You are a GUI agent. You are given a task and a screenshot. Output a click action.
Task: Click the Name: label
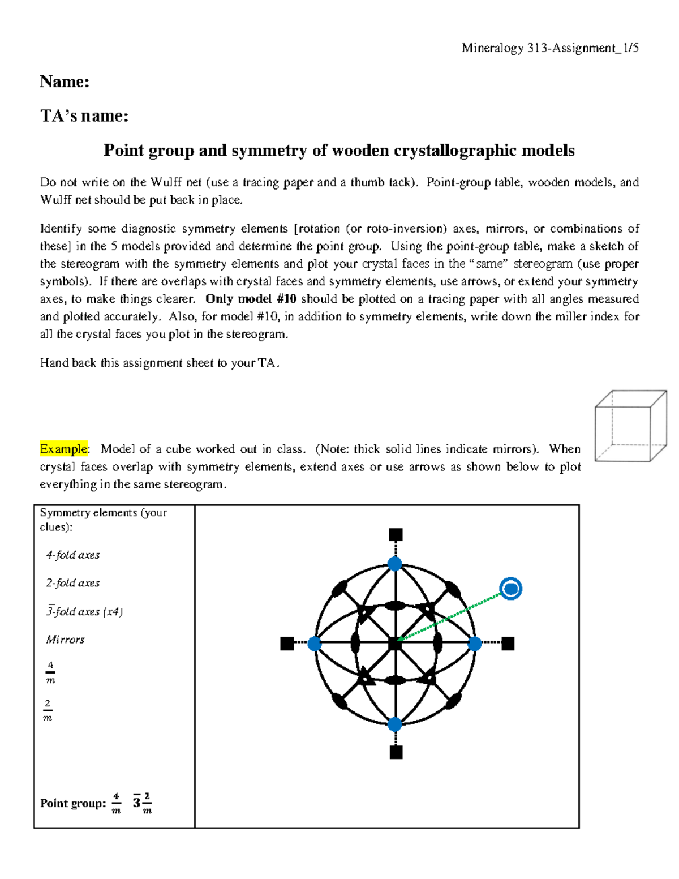(x=65, y=82)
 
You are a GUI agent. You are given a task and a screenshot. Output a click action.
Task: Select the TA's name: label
(x=84, y=116)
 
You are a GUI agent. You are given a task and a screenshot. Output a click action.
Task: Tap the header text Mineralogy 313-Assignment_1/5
(x=550, y=48)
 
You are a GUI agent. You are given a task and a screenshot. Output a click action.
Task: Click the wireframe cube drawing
(x=630, y=426)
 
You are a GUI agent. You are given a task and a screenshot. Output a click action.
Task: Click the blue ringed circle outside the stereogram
(x=511, y=589)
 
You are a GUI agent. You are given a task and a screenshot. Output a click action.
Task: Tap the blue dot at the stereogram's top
(x=395, y=564)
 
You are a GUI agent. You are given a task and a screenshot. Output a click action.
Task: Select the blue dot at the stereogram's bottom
(x=395, y=724)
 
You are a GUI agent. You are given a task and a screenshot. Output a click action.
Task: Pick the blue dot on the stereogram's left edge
(x=314, y=644)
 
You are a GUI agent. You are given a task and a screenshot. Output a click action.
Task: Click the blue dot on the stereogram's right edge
(x=475, y=644)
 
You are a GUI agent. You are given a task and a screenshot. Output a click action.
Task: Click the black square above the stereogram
(x=396, y=535)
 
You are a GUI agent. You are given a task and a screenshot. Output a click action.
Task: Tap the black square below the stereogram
(x=396, y=752)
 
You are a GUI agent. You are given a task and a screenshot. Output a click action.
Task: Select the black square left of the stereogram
(x=287, y=644)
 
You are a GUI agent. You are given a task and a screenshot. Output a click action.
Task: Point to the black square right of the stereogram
(x=508, y=644)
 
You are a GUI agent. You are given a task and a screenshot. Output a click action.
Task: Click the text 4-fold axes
(x=73, y=555)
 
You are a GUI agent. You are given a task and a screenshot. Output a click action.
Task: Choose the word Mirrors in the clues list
(x=65, y=640)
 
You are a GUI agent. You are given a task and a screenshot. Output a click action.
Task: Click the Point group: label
(x=73, y=803)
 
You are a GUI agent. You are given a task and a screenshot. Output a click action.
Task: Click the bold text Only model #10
(x=251, y=299)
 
